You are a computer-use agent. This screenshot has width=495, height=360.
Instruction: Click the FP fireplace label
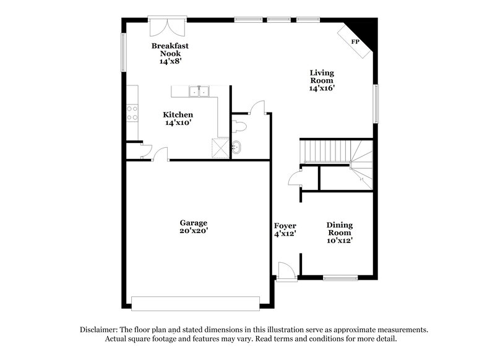tap(355, 41)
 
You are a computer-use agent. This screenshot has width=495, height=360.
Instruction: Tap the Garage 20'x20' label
tap(194, 227)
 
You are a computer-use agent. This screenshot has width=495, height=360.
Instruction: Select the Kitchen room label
tap(178, 115)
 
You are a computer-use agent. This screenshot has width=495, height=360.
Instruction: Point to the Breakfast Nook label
tap(170, 49)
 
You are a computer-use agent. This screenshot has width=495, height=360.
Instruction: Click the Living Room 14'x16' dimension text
tap(322, 88)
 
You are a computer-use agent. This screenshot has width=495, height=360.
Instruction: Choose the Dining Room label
tap(339, 229)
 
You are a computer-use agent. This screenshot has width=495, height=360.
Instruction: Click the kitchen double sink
tap(199, 91)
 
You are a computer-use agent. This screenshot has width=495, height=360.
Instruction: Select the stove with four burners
tap(132, 113)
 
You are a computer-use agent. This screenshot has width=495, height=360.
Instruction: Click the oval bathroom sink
tap(236, 147)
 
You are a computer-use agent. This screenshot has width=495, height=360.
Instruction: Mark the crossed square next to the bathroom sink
tap(220, 148)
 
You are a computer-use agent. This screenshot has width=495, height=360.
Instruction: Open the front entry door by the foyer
tap(286, 271)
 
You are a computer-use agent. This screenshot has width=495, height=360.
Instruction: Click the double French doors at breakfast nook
tap(167, 27)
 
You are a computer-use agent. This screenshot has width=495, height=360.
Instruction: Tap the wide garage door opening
tap(196, 304)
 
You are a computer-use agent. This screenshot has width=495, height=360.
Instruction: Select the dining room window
tap(340, 278)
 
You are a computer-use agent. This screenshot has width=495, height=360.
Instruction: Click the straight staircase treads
tap(325, 151)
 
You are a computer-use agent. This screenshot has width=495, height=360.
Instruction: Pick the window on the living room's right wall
tap(376, 103)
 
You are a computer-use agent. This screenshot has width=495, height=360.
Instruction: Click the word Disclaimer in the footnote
tap(99, 330)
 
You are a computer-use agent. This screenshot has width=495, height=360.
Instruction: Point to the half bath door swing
tap(257, 106)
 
